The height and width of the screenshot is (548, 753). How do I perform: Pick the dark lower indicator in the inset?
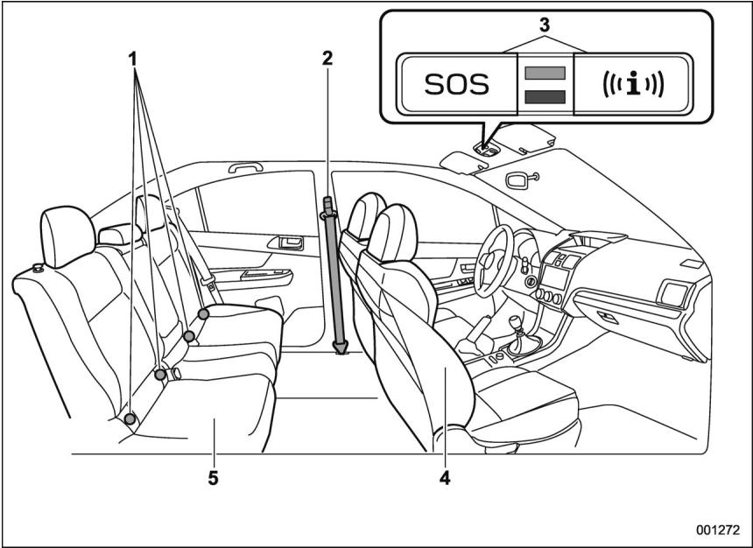[x=544, y=95]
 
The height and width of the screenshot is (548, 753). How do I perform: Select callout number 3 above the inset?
[x=544, y=24]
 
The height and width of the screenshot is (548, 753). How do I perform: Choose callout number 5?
[x=215, y=479]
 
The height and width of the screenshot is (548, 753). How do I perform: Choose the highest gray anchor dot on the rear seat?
[x=203, y=313]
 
